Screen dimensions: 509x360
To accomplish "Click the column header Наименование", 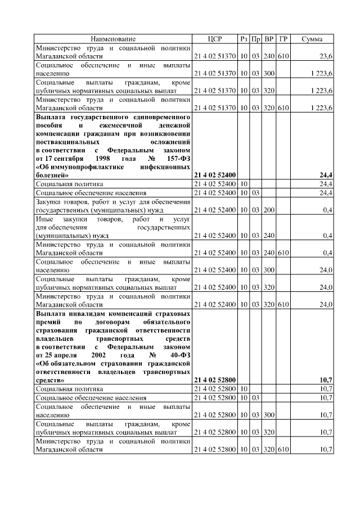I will [x=113, y=39].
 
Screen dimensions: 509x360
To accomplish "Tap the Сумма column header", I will [x=312, y=39].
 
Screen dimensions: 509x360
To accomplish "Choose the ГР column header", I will [x=283, y=39].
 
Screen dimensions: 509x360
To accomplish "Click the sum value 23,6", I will [x=325, y=57].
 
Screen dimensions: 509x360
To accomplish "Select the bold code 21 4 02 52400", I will [x=215, y=175].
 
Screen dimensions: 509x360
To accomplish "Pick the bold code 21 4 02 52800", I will [x=215, y=380].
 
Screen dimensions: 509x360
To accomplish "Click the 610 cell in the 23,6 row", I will [x=283, y=57].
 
